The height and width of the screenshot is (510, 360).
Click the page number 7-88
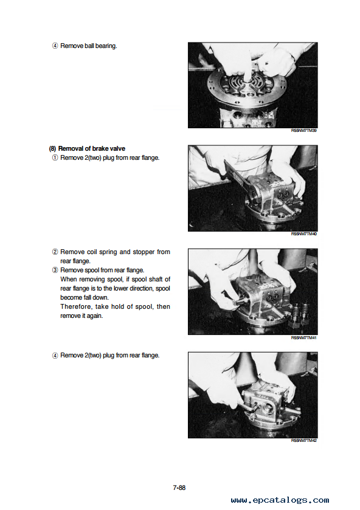pyautogui.click(x=179, y=488)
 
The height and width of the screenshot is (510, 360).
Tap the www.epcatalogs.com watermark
pyautogui.click(x=280, y=500)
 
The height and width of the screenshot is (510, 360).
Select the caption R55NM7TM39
pyautogui.click(x=303, y=131)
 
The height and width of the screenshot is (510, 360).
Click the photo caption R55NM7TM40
pyautogui.click(x=303, y=234)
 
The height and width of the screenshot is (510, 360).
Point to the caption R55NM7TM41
pyautogui.click(x=303, y=337)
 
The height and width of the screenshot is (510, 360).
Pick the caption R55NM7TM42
pyautogui.click(x=303, y=440)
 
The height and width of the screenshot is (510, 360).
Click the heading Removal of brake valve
pyautogui.click(x=91, y=149)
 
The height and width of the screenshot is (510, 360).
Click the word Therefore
pyautogui.click(x=75, y=307)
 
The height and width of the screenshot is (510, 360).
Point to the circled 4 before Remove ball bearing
pyautogui.click(x=55, y=46)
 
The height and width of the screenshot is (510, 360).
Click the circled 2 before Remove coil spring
pyautogui.click(x=55, y=252)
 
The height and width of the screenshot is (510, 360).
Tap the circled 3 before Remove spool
pyautogui.click(x=55, y=271)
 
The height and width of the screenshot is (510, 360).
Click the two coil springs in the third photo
pyautogui.click(x=301, y=314)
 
